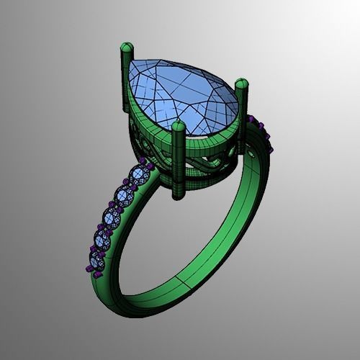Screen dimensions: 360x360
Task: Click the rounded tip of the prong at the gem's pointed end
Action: click(127, 49)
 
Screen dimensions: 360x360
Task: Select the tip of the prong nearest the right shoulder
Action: click(241, 84)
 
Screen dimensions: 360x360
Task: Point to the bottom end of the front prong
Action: click(177, 193)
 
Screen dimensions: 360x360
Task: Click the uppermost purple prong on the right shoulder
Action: click(252, 117)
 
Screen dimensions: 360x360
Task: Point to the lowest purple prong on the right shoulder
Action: click(271, 150)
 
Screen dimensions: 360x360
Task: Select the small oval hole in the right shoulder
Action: click(251, 153)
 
